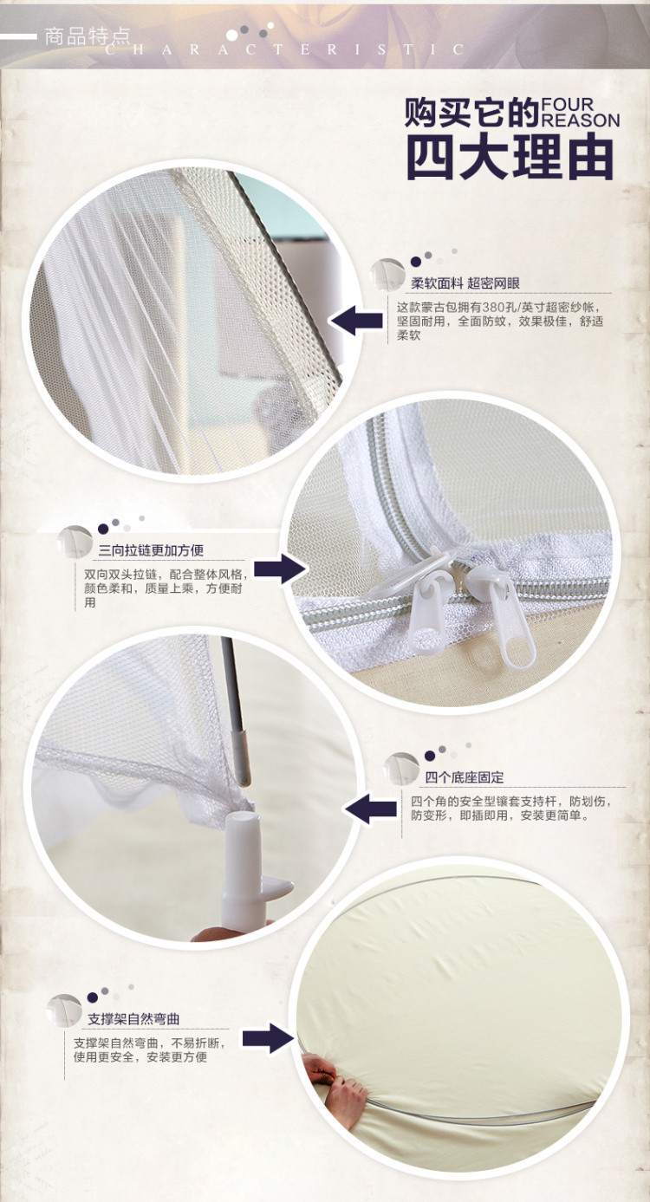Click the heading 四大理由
coord(510,157)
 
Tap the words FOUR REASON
coord(580,112)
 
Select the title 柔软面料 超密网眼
coord(465,283)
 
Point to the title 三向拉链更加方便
coord(151,550)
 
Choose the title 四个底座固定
coord(465,777)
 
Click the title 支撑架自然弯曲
coord(133,1019)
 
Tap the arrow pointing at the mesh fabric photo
coord(356,321)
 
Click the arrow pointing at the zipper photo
coord(280,569)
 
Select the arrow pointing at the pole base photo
coord(370,809)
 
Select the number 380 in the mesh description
coord(493,308)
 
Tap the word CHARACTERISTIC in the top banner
coord(284,50)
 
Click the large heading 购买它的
coord(471,112)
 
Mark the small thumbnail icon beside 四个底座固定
coord(401,768)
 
